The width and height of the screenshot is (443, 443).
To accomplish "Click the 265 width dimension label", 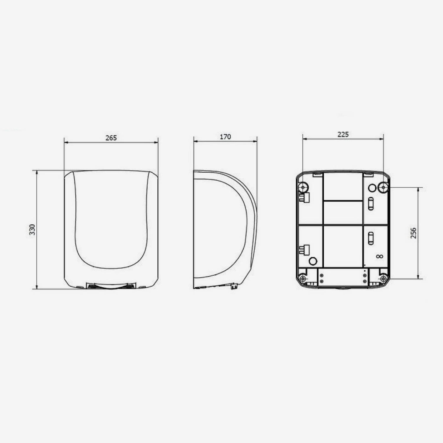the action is (x=111, y=138).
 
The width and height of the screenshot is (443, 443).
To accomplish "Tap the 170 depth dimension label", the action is (x=225, y=137).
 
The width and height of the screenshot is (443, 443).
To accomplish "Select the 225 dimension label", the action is (x=343, y=135).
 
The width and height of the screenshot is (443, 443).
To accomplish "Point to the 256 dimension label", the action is (x=413, y=233).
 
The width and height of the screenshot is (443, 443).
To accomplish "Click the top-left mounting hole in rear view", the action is (x=303, y=187).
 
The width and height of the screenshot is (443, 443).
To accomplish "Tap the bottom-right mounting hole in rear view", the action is (x=383, y=278).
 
